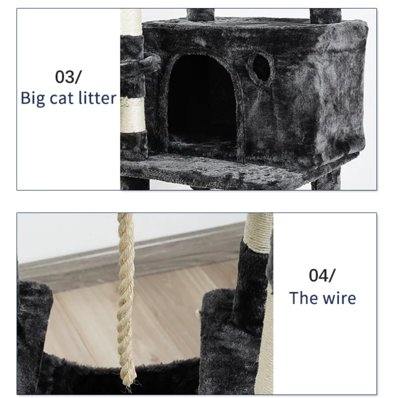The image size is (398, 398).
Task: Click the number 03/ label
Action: click(68, 77)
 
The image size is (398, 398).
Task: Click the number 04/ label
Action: click(322, 275)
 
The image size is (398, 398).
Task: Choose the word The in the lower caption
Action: click(302, 298)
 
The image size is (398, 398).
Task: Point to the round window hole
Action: click(261, 68)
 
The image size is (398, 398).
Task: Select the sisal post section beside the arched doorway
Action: click(133, 115)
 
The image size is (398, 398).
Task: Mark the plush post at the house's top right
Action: click(325, 16)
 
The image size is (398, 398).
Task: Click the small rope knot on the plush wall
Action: click(198, 314)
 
